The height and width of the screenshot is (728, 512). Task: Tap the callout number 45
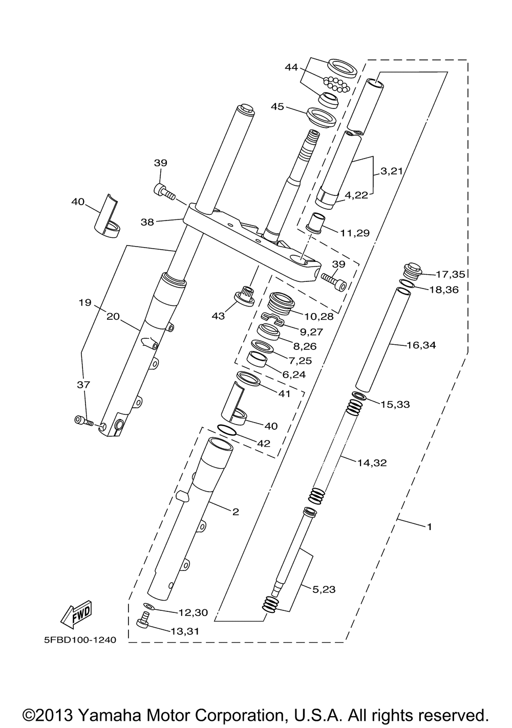(x=277, y=106)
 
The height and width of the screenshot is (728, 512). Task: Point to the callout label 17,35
(x=450, y=274)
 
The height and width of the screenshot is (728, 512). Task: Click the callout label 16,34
(x=421, y=345)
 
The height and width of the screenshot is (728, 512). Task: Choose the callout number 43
(x=219, y=316)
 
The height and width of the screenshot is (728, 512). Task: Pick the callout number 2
(x=236, y=511)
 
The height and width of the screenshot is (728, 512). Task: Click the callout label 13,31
(x=185, y=631)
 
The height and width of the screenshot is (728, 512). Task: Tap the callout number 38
(x=147, y=222)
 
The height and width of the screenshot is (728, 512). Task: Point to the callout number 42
(x=263, y=443)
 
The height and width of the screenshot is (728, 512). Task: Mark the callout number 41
(x=284, y=394)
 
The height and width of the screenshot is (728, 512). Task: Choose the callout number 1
(x=430, y=526)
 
